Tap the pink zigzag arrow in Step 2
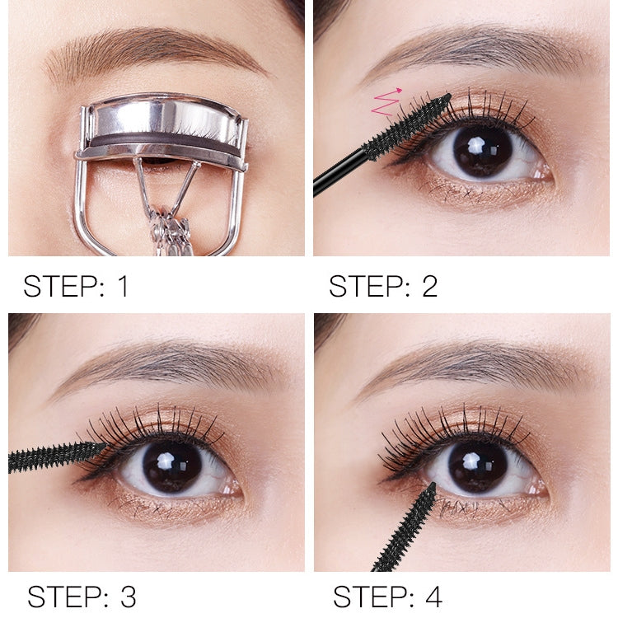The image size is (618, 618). coord(386,102)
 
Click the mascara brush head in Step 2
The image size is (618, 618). coord(408,128)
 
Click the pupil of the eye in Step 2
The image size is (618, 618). coord(482,150)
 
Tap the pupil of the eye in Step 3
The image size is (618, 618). coord(171,466)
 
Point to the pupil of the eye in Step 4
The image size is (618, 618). coord(478,466)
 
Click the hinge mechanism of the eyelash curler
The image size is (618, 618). coord(169,227)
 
